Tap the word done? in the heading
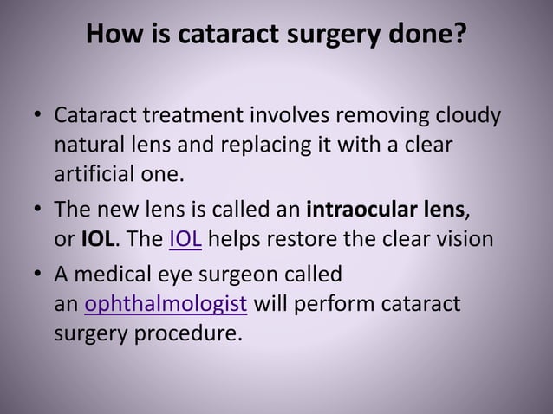pos(432,36)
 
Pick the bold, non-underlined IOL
pos(95,239)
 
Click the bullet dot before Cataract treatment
pos(36,117)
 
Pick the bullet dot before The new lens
pos(36,210)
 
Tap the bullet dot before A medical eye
pos(36,276)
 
